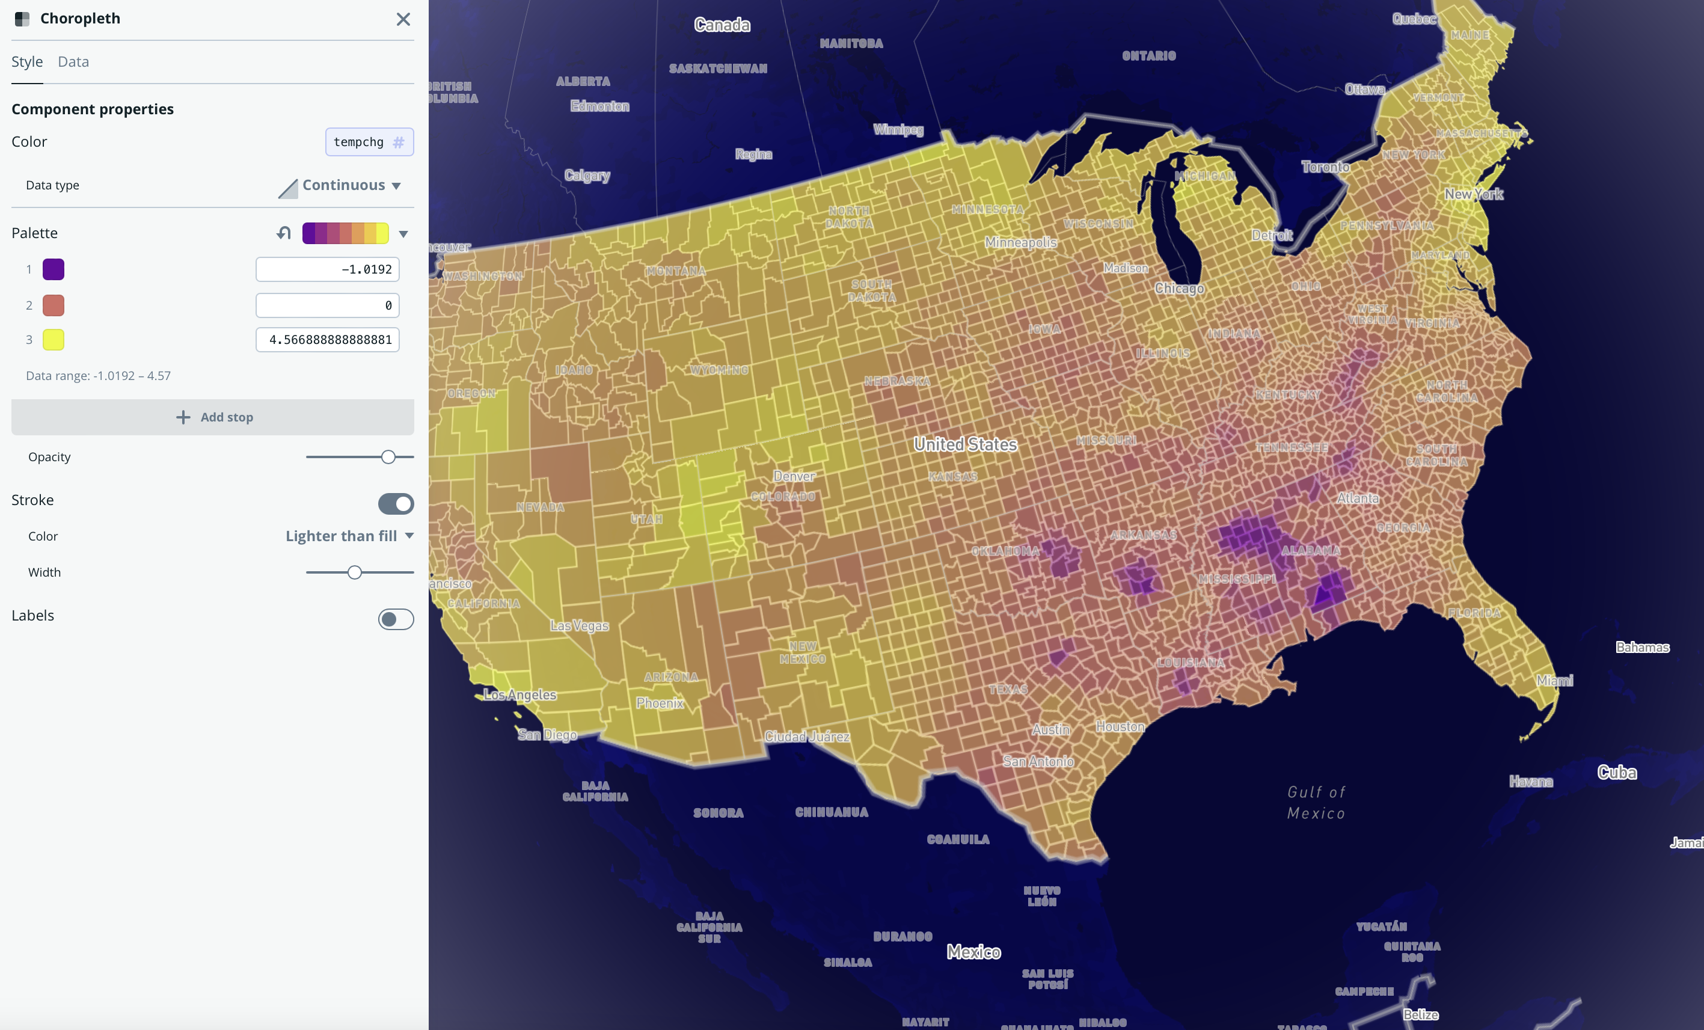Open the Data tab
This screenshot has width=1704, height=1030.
pyautogui.click(x=73, y=61)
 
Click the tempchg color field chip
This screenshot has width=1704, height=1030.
pyautogui.click(x=369, y=142)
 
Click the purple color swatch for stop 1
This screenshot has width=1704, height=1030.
pyautogui.click(x=54, y=269)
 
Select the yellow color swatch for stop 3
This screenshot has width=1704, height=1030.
pyautogui.click(x=54, y=340)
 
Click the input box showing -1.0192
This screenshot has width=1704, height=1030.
pyautogui.click(x=327, y=269)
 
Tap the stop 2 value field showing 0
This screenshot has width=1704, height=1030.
pyautogui.click(x=327, y=305)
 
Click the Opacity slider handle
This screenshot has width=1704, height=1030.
pyautogui.click(x=388, y=457)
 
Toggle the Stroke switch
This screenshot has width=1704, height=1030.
pyautogui.click(x=396, y=504)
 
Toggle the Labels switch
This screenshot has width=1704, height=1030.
pyautogui.click(x=396, y=619)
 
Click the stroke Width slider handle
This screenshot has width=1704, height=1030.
pyautogui.click(x=355, y=572)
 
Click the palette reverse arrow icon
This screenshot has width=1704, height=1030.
pyautogui.click(x=284, y=233)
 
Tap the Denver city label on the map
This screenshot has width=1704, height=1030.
pyautogui.click(x=793, y=476)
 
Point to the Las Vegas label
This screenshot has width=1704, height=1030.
pyautogui.click(x=580, y=625)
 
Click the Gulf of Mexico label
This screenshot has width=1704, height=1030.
pyautogui.click(x=1316, y=803)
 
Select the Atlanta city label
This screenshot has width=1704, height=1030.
pyautogui.click(x=1358, y=498)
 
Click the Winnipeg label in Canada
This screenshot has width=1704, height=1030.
pyautogui.click(x=898, y=129)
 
